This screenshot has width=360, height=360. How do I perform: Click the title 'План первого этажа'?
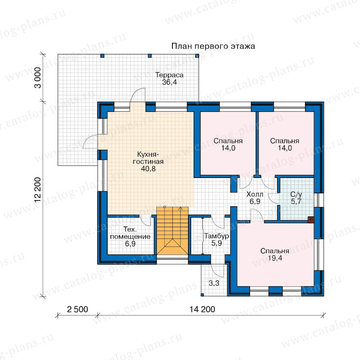tap(213, 46)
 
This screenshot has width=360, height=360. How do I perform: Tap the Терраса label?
tap(170, 75)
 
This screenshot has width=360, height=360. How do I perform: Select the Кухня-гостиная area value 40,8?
tap(148, 169)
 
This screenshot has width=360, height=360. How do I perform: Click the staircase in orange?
tap(172, 230)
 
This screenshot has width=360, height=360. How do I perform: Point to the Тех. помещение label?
tap(130, 233)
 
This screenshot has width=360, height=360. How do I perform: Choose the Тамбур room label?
tap(216, 236)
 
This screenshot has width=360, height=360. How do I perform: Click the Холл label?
tap(255, 194)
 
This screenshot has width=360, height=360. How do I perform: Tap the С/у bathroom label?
tap(296, 194)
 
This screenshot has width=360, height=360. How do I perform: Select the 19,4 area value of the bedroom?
tap(275, 258)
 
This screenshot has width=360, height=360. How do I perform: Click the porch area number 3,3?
tap(214, 283)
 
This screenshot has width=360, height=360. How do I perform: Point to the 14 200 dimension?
tap(202, 310)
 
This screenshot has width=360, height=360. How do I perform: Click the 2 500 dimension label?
tap(77, 310)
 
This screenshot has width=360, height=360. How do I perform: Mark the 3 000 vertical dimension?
tap(38, 78)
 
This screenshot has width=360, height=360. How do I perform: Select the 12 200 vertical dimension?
tap(38, 190)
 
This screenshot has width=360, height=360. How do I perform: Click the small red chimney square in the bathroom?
tap(311, 220)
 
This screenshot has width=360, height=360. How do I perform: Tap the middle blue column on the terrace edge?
tap(150, 56)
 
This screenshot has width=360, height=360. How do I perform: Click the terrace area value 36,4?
tap(170, 82)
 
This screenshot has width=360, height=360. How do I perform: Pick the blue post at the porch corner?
tap(202, 294)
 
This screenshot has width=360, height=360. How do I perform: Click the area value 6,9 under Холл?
tap(255, 202)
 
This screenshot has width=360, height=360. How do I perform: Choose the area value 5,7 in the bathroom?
tap(296, 202)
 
